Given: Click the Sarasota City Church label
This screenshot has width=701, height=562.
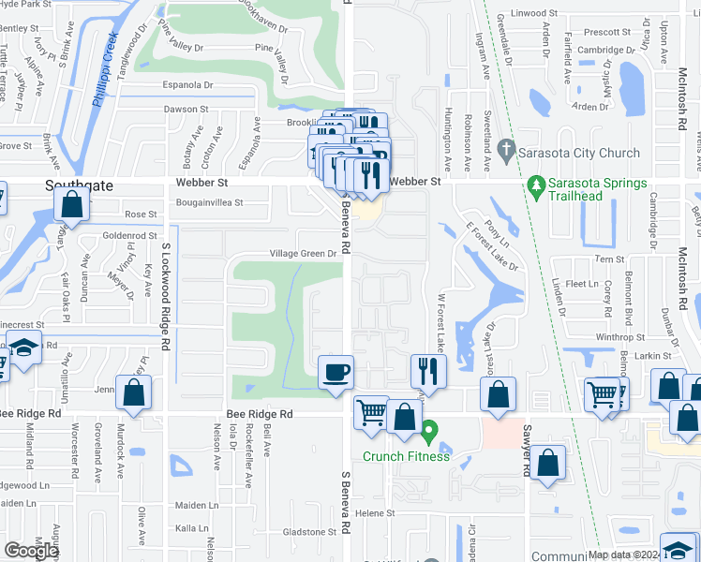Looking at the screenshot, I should [580, 153].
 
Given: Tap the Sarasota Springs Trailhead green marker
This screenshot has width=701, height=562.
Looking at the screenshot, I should [537, 188].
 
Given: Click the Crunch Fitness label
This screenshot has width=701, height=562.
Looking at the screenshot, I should [407, 456].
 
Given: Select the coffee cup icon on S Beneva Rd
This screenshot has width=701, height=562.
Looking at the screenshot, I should [336, 373].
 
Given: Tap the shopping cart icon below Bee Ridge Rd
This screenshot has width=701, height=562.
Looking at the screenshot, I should [372, 411].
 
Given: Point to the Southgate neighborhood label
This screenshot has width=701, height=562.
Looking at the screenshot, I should [80, 185].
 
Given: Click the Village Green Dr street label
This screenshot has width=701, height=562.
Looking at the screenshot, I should [303, 254].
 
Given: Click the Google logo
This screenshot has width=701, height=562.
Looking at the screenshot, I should [31, 551].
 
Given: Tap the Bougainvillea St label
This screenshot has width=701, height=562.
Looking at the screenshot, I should [208, 201].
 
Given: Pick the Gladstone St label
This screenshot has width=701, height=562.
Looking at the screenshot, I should [310, 532].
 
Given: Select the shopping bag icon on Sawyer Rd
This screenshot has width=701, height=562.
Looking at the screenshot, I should [548, 461].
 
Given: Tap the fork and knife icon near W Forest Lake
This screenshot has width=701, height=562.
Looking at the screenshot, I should [428, 372].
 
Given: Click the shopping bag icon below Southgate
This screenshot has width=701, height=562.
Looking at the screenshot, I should [72, 204].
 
